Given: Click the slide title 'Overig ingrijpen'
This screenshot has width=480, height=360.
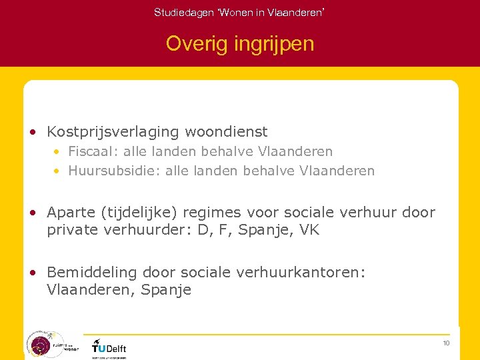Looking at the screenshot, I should [x=239, y=44].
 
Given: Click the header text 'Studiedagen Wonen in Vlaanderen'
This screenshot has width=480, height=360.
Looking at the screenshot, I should [x=239, y=12].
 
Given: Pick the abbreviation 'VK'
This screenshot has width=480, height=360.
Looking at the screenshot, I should [x=309, y=231].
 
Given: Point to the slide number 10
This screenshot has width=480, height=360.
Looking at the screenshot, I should [x=446, y=343].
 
